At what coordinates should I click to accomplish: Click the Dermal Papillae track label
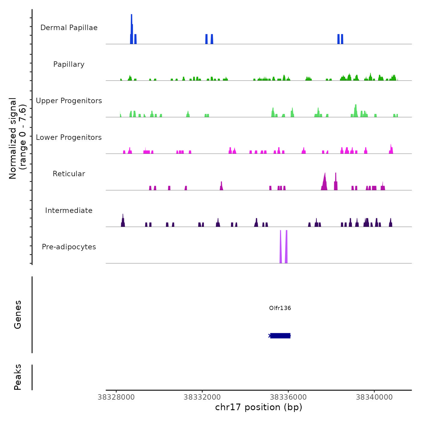click(69, 28)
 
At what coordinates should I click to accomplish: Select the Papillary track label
click(69, 64)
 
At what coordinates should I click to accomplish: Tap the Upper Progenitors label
click(69, 101)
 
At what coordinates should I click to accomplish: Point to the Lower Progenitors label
click(69, 137)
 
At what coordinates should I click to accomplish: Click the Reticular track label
click(69, 174)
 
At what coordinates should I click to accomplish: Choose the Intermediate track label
click(69, 210)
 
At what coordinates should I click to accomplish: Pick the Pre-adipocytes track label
click(69, 247)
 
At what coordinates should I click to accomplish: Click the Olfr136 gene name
click(280, 308)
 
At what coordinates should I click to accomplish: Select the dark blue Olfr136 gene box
click(280, 336)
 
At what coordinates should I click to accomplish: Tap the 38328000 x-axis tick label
click(116, 397)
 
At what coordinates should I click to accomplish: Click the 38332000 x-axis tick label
click(202, 397)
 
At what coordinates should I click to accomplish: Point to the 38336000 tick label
click(288, 397)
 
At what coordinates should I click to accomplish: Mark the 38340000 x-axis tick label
click(374, 397)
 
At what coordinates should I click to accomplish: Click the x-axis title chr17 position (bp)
click(259, 407)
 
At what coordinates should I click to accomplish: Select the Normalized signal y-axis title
click(17, 138)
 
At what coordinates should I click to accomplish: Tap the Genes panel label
click(18, 315)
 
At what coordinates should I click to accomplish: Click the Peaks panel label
click(18, 377)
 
